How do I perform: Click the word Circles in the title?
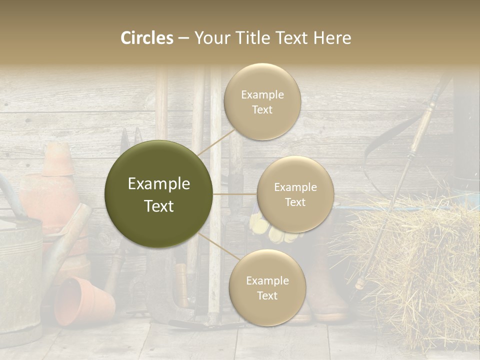pos(146,38)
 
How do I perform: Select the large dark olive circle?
pos(159,194)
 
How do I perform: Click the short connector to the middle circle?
pos(235,194)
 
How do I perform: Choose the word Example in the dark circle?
pos(159,184)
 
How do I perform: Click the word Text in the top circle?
pos(262,110)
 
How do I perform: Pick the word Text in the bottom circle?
pos(267,295)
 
